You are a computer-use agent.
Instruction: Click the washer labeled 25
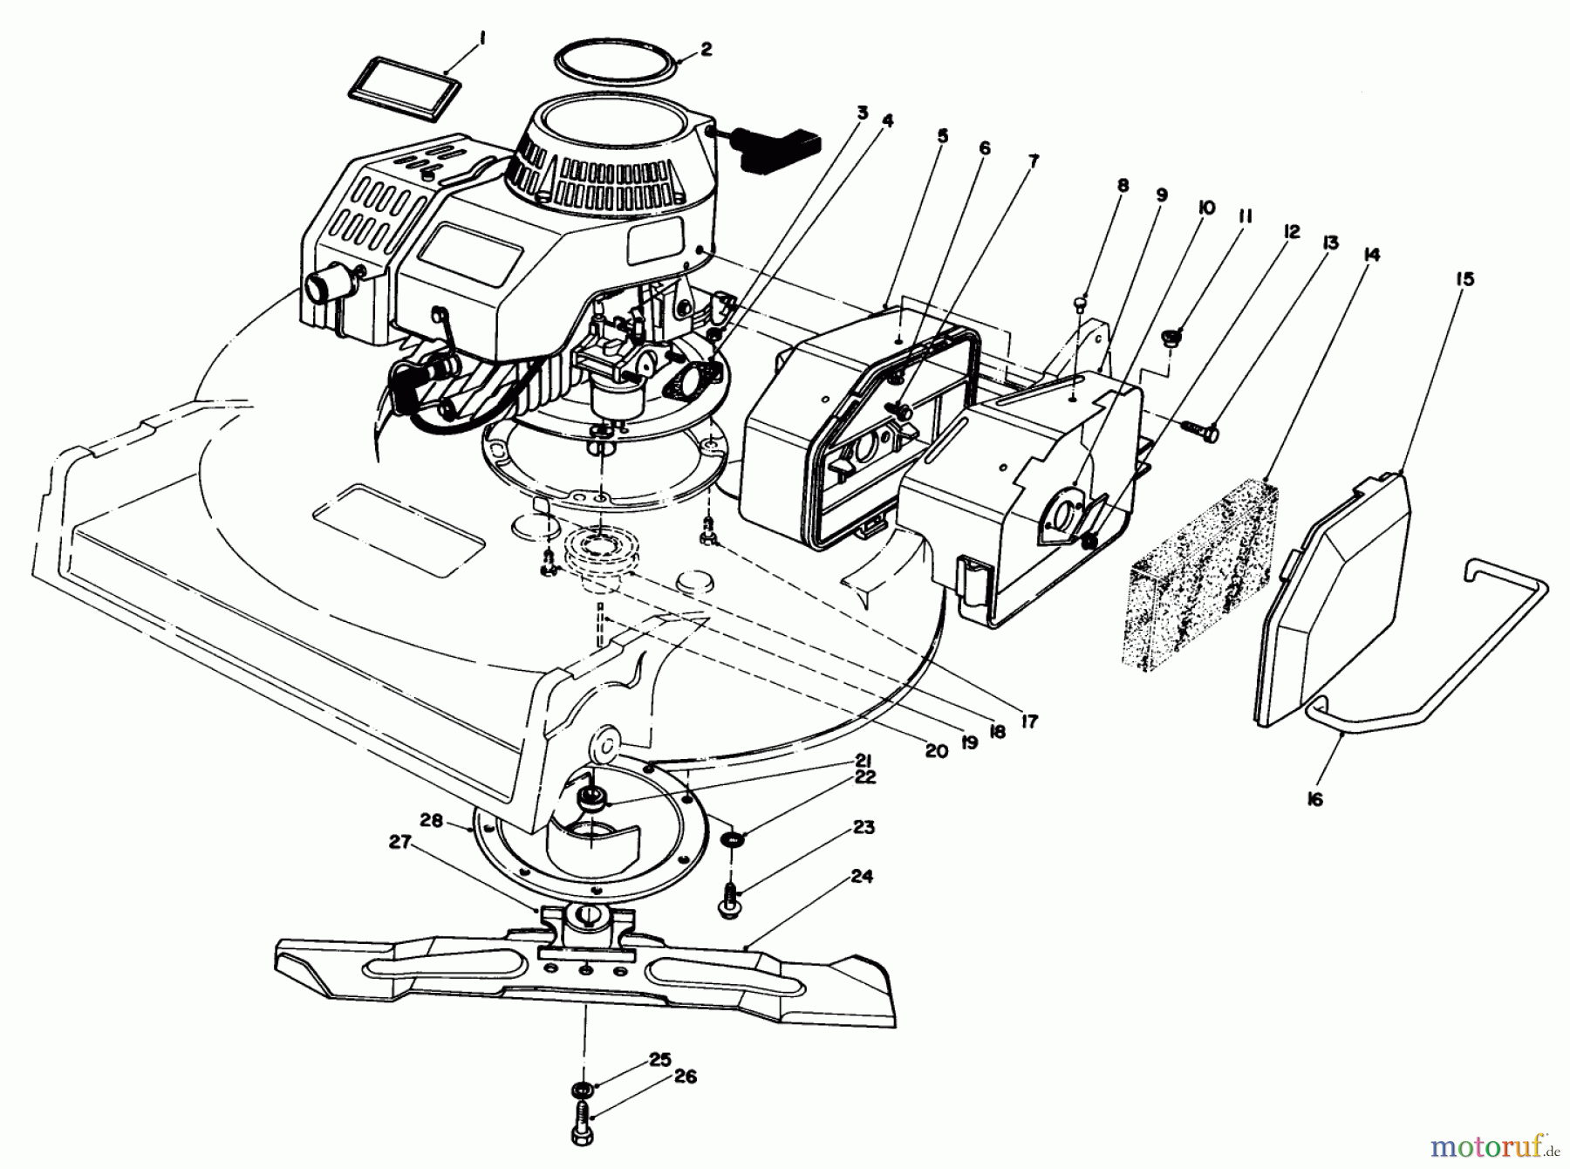pos(579,1090)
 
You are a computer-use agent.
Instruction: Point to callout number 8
pos(1123,185)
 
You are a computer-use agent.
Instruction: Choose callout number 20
pos(936,750)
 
